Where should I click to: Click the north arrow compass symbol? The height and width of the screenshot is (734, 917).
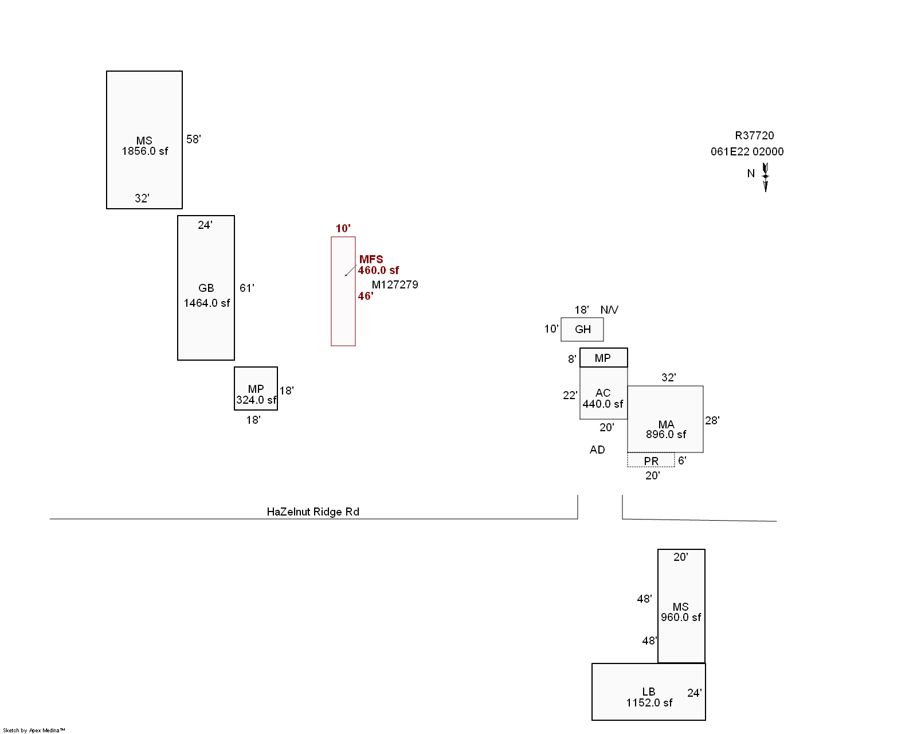click(x=765, y=177)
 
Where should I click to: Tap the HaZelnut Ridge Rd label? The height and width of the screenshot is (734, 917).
click(x=313, y=512)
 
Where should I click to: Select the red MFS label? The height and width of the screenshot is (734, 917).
click(x=371, y=259)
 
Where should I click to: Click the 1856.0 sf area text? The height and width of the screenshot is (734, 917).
click(x=145, y=151)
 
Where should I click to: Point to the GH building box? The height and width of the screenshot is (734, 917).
click(x=582, y=329)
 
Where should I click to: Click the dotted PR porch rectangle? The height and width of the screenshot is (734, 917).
click(x=651, y=460)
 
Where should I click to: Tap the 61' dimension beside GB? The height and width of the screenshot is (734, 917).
click(x=247, y=288)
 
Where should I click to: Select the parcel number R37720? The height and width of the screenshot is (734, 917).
click(x=754, y=135)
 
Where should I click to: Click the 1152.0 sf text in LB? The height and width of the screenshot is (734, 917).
click(x=649, y=702)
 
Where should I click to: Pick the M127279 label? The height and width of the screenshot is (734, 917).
click(x=395, y=284)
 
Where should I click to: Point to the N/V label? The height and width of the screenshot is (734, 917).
click(x=609, y=310)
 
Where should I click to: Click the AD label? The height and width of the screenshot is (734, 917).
click(x=597, y=450)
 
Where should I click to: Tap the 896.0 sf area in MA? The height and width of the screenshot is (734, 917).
click(x=666, y=435)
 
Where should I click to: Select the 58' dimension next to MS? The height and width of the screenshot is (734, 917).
click(x=194, y=139)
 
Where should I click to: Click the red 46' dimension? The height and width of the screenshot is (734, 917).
click(x=366, y=296)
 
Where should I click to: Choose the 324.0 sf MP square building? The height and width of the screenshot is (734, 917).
click(x=256, y=388)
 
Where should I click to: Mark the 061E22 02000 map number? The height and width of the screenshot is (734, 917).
click(x=747, y=151)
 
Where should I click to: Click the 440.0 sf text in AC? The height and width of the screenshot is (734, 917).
click(x=603, y=404)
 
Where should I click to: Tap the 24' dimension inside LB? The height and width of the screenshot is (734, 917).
click(x=694, y=693)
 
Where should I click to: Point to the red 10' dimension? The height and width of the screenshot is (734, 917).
click(x=343, y=228)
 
